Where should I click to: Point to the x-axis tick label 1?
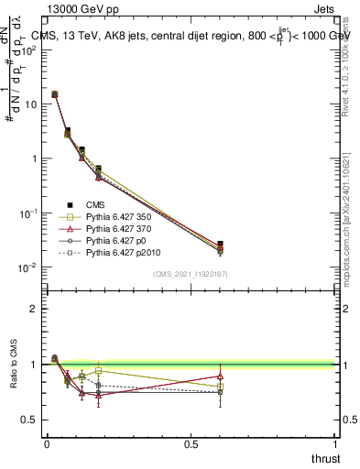click(x=336, y=444)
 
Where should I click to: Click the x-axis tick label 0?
click(x=46, y=444)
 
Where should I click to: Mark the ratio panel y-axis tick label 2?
click(x=34, y=309)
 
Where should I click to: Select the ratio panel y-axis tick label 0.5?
click(x=29, y=420)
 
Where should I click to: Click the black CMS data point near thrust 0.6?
click(x=220, y=245)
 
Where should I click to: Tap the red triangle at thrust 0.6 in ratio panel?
click(x=220, y=376)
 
